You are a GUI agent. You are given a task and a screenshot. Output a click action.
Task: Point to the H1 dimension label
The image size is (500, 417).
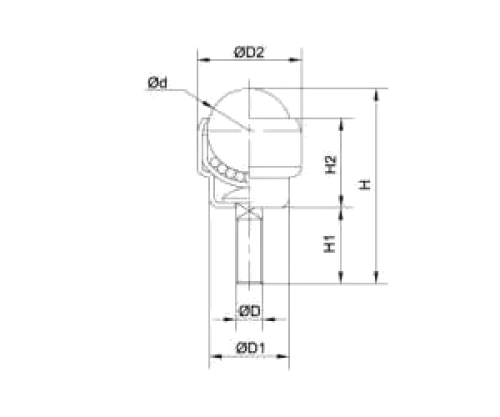[x=331, y=245]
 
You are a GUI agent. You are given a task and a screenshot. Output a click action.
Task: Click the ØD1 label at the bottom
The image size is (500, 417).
[x=250, y=347]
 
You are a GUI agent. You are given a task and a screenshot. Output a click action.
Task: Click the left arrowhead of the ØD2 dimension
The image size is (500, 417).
[x=201, y=61]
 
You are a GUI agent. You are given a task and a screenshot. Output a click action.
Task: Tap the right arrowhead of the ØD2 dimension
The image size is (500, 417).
[x=296, y=61]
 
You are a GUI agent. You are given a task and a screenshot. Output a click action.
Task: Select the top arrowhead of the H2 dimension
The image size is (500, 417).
[x=342, y=122]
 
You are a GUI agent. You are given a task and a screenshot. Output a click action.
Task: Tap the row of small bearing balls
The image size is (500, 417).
[x=227, y=170]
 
